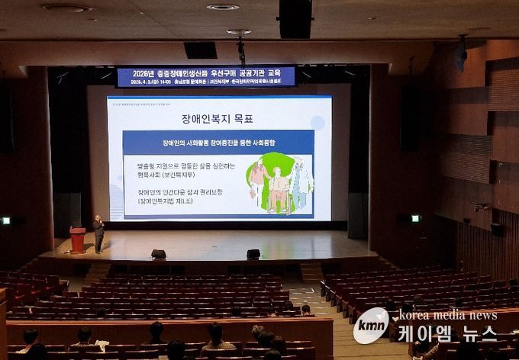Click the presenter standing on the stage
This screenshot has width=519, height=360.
click(x=98, y=233)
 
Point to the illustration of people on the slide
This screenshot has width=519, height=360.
click(x=279, y=183)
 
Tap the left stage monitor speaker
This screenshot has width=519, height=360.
click(x=159, y=254)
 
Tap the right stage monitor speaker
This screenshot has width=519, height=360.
click(x=253, y=254)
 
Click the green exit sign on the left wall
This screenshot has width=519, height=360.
click(x=6, y=220)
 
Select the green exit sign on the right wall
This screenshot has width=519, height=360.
click(x=415, y=218)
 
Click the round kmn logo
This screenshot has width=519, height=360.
click(x=371, y=326)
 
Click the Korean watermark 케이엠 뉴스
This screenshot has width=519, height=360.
click(x=446, y=333)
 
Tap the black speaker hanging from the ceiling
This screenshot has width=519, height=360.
click(x=295, y=18)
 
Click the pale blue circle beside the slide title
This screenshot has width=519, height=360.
click(x=318, y=122)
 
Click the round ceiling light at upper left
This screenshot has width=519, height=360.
click(x=66, y=8)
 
